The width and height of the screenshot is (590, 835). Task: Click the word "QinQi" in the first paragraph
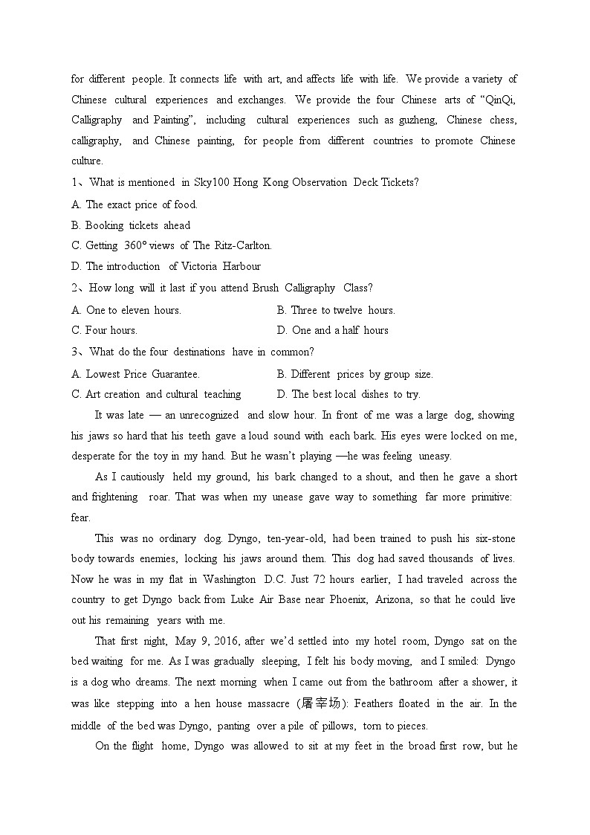[498, 100]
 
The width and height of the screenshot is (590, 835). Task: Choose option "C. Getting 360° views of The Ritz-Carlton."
[172, 245]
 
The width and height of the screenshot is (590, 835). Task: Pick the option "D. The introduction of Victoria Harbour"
[166, 266]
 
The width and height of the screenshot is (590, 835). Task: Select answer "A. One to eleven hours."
[126, 310]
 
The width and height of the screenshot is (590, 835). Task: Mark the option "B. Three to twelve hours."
[336, 310]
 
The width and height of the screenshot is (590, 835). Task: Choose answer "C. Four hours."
[105, 330]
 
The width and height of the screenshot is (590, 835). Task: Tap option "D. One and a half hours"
[333, 330]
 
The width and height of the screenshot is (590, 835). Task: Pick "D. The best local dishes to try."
[349, 395]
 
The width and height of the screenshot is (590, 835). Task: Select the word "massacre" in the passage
[270, 703]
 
